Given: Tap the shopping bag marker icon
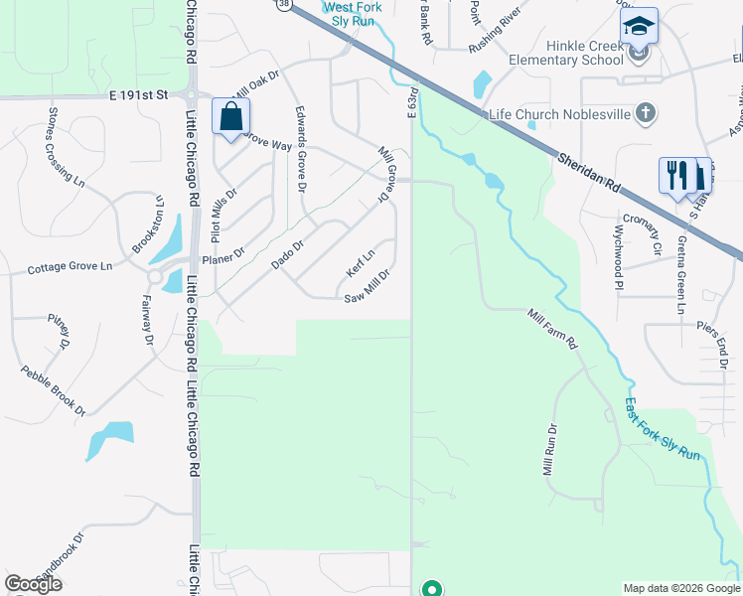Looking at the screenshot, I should (230, 116).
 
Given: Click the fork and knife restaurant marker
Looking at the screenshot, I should (676, 176).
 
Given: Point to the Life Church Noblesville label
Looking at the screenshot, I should (559, 113).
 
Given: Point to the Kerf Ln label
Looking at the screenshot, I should (360, 263).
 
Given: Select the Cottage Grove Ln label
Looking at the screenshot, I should (71, 268).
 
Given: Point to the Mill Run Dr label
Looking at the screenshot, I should (548, 449).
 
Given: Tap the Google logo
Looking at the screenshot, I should (33, 584).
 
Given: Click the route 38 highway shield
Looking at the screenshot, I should (284, 4).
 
